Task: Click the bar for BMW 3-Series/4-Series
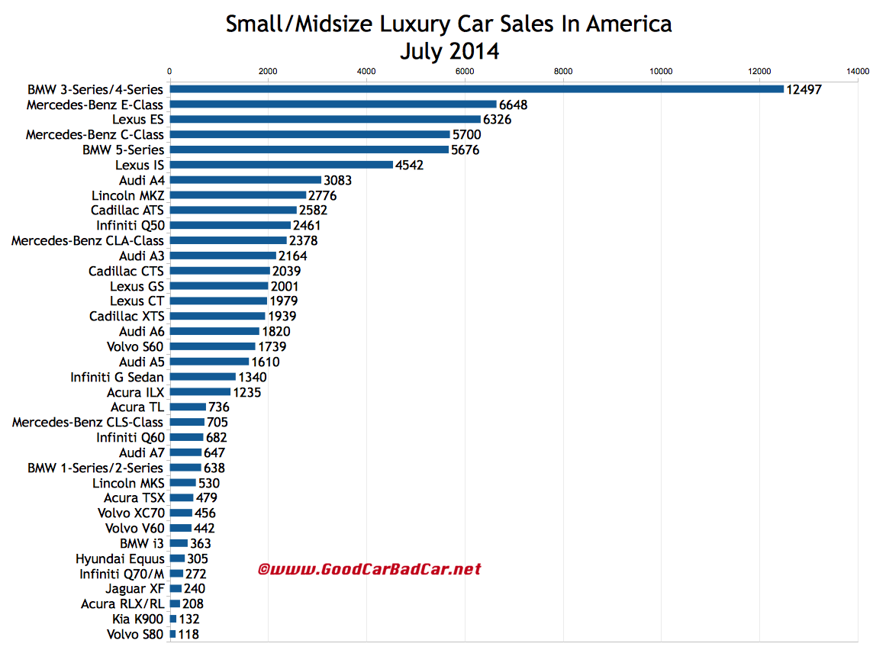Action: tap(477, 89)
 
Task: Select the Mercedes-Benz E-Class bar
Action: tap(333, 105)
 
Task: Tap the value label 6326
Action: tap(498, 120)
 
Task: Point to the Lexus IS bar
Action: tap(281, 165)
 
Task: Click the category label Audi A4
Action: tap(141, 180)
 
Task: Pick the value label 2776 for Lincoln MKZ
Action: tap(323, 195)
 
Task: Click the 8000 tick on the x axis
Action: tap(563, 72)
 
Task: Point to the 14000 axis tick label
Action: tap(858, 72)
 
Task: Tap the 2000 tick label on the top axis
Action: tap(268, 72)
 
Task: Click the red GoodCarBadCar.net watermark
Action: tap(369, 569)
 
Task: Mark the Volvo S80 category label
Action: tap(135, 634)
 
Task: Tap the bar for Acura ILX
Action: tap(200, 392)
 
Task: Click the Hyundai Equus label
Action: tap(120, 558)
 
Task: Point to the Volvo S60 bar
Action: tap(212, 346)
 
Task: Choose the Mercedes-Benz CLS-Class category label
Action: tap(88, 422)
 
